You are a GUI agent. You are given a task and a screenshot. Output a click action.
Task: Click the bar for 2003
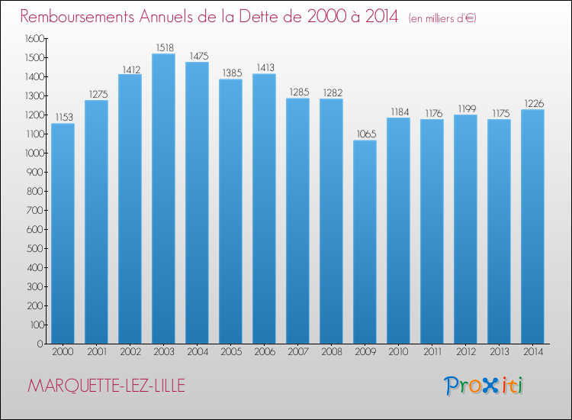coord(163,199)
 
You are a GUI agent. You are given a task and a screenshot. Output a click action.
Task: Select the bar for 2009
coord(365,242)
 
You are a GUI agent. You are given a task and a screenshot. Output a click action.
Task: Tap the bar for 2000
coord(63,234)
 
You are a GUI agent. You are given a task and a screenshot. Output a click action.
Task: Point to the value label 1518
coord(163,47)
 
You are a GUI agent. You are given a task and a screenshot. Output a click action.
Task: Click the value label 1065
coord(365,134)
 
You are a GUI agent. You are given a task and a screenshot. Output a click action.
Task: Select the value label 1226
coord(532,103)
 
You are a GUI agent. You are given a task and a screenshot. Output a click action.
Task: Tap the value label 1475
coord(197,56)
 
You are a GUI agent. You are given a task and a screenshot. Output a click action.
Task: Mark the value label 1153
coord(63,117)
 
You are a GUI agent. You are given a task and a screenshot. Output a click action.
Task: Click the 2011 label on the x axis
coord(432,353)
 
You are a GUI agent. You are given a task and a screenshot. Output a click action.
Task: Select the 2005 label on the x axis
coord(230,353)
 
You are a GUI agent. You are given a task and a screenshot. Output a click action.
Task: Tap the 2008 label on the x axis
coord(331,353)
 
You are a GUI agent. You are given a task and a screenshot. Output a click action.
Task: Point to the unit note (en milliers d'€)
coord(442,18)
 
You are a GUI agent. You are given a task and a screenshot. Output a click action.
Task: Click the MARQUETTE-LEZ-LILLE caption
coord(105,386)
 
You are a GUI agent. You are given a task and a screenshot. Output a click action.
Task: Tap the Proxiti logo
coord(484,386)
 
